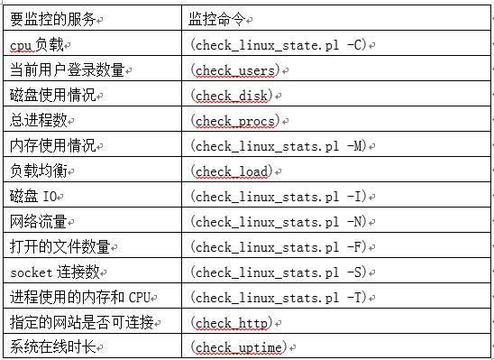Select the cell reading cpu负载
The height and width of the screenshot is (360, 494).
coord(39,43)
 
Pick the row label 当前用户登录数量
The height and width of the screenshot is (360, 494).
coord(67,69)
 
